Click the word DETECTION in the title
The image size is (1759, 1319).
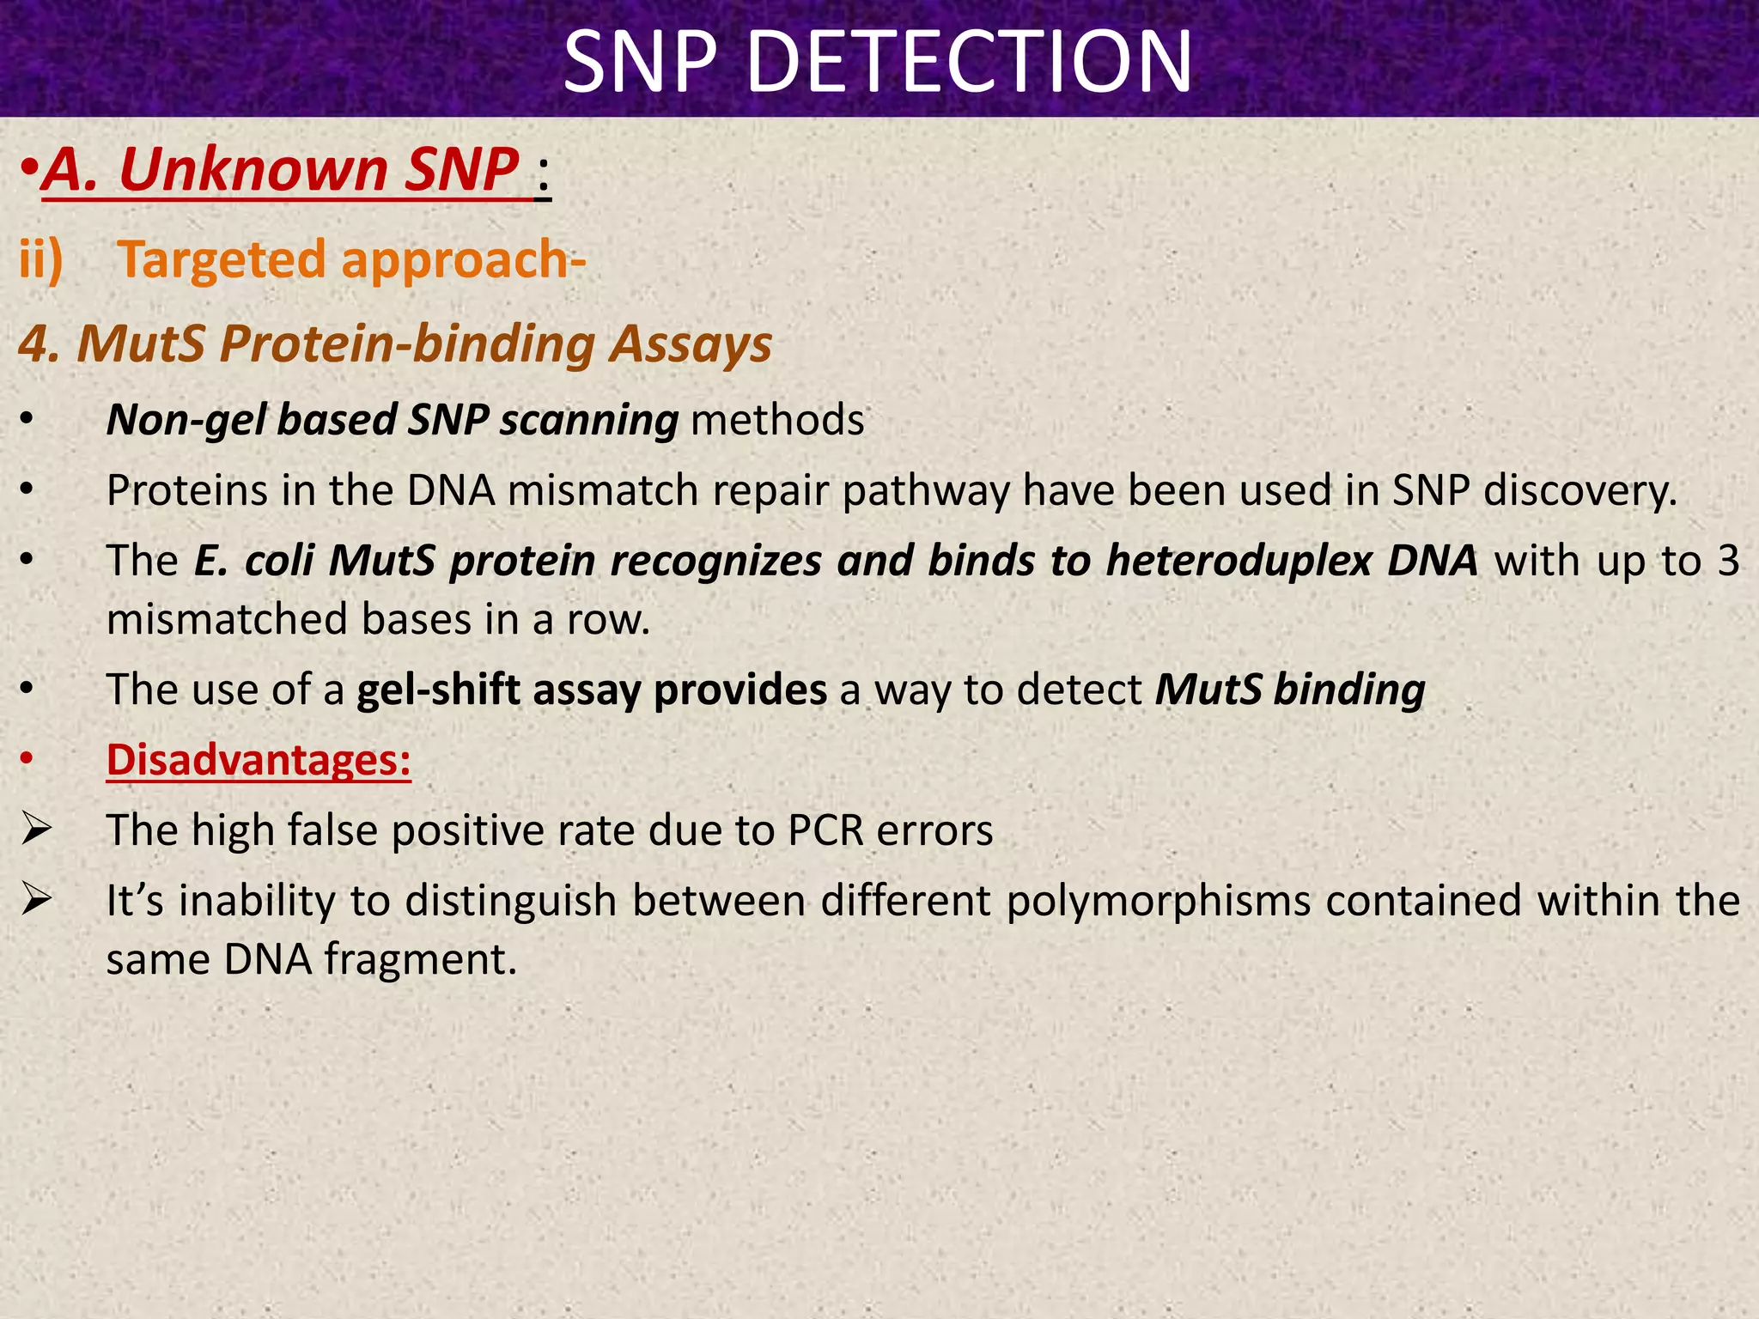point(970,62)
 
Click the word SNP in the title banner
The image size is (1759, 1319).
point(639,62)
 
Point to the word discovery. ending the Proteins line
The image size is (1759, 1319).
point(1579,491)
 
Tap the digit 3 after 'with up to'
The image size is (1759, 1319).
point(1728,562)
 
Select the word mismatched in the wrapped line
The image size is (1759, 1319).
point(227,620)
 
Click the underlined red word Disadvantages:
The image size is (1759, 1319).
point(259,760)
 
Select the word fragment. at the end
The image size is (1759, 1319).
point(421,959)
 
